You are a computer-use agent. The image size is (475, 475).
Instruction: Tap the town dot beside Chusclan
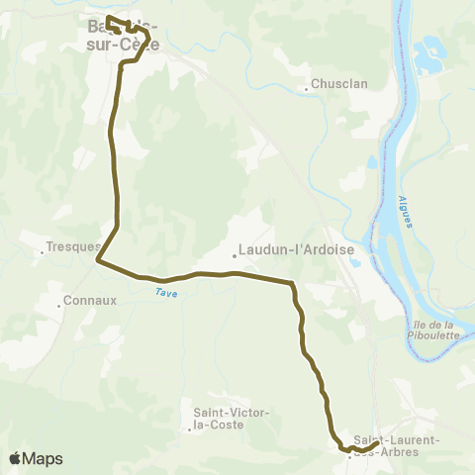pos(307,87)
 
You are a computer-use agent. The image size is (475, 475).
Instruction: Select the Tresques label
pos(73,247)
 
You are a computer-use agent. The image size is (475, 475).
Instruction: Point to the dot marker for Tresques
pos(42,252)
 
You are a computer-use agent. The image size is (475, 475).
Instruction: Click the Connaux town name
pos(90,300)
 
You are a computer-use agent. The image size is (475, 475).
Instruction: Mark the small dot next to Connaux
pos(58,305)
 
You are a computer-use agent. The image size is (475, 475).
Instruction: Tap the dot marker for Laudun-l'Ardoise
pos(235,255)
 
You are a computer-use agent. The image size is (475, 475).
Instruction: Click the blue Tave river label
pos(164,292)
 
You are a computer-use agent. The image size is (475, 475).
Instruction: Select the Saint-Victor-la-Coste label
pos(225,419)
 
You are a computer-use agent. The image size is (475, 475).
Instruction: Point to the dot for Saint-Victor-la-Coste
pos(189,429)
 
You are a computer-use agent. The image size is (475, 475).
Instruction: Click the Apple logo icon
pos(15,458)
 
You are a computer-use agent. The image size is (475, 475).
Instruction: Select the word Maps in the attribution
pos(43,458)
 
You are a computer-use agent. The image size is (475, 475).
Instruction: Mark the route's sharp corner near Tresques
pos(97,261)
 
